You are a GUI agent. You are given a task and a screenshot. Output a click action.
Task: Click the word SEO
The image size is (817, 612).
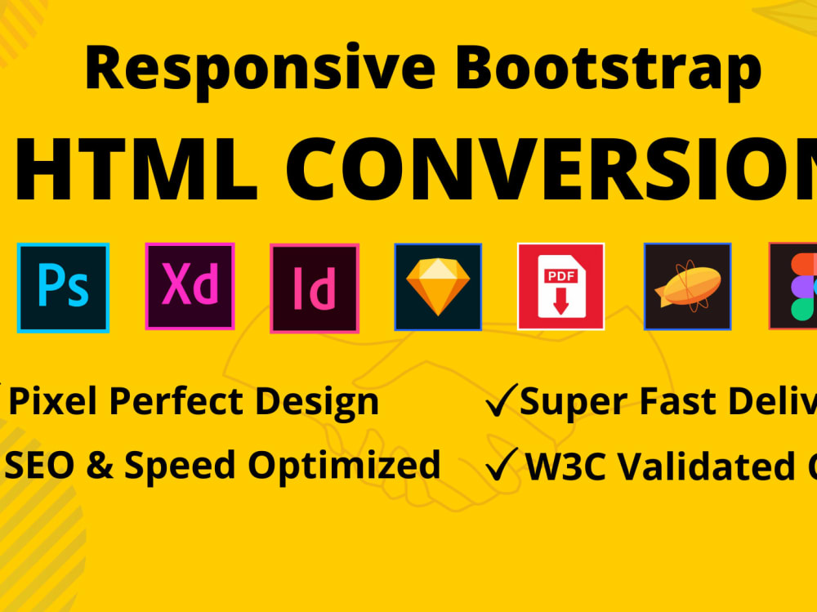(41, 465)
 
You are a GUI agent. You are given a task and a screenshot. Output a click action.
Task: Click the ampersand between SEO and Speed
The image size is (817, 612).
(100, 466)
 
